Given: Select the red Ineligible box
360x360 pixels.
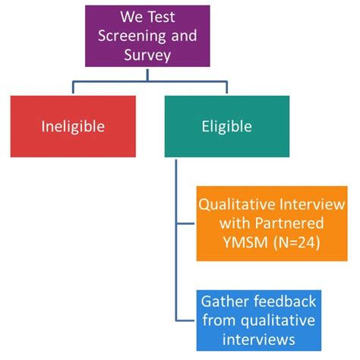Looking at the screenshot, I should (73, 126).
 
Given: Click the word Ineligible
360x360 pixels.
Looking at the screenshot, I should (73, 126).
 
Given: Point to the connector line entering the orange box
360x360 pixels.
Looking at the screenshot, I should (185, 224).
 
